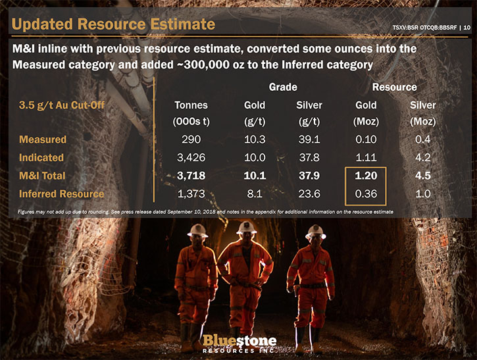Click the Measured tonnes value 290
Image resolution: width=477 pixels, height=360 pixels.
[x=191, y=140]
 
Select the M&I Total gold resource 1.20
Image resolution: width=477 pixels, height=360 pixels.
[x=366, y=176]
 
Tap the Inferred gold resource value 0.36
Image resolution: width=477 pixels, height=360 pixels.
[x=366, y=194]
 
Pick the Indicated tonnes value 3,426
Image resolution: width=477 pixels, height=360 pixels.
[x=191, y=158]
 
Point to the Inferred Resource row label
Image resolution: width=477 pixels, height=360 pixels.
[x=61, y=194]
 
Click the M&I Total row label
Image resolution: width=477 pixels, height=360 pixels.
[x=42, y=176]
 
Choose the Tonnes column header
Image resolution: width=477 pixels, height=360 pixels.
[x=191, y=105]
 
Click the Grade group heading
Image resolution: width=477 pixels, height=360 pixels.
[x=283, y=87]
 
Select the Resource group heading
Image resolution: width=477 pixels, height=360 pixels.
[x=395, y=87]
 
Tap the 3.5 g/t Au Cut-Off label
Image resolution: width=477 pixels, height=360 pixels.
[x=62, y=105]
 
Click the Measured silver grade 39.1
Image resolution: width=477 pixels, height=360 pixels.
[x=309, y=140]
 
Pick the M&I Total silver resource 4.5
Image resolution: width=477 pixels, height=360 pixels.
[x=423, y=176]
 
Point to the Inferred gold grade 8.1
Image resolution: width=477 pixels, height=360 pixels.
[x=255, y=194]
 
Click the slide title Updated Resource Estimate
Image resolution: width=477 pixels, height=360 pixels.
[x=113, y=24]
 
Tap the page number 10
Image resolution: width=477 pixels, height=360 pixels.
[x=467, y=28]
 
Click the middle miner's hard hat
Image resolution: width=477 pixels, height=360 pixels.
[x=247, y=227]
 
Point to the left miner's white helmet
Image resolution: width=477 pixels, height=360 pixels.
[x=198, y=230]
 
